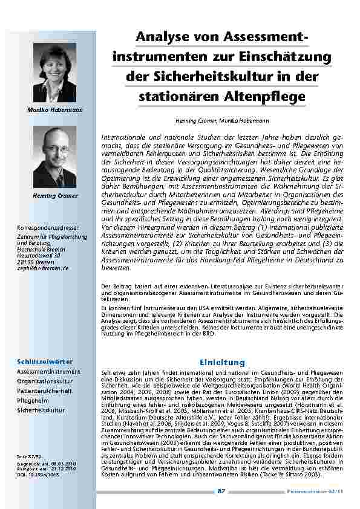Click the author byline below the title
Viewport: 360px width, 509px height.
[222, 121]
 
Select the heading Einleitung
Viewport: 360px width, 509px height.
[222, 362]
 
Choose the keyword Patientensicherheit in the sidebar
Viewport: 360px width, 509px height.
[44, 391]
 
